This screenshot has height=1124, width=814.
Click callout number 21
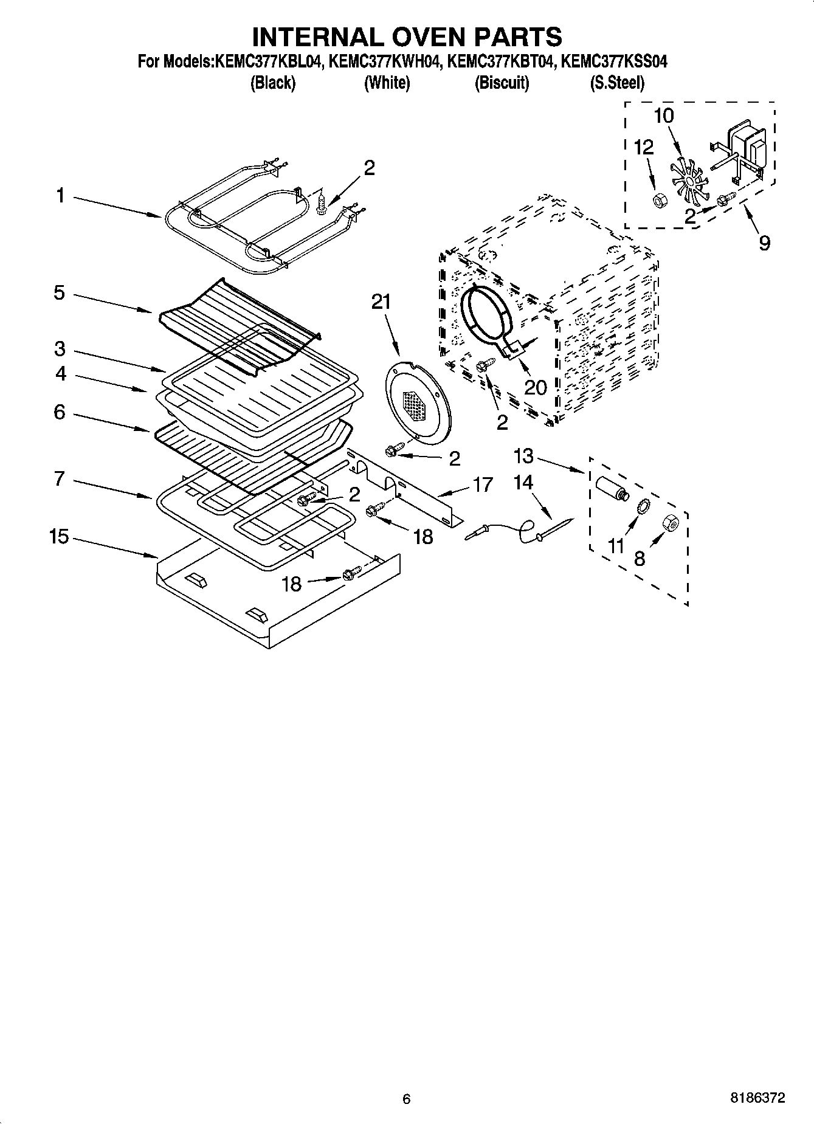(381, 302)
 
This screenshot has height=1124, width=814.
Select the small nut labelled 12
(658, 200)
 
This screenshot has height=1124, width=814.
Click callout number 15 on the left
(59, 537)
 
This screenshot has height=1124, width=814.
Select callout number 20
(536, 387)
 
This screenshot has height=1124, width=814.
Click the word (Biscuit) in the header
(502, 83)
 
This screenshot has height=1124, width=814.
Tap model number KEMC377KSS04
(613, 61)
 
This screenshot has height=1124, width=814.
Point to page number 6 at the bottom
(407, 1098)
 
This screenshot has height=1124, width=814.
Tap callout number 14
(523, 483)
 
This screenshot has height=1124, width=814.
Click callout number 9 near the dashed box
(764, 243)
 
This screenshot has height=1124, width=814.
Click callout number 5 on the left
(59, 293)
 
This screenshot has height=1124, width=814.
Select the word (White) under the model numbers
(387, 83)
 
